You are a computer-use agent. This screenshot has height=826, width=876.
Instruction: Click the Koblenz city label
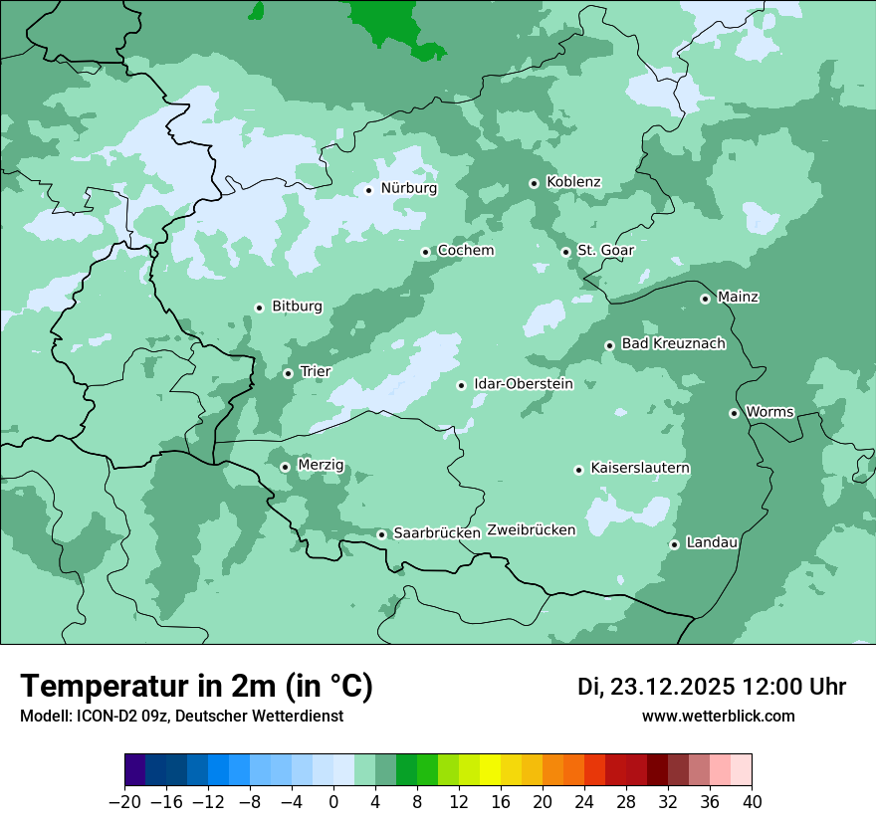point(573,182)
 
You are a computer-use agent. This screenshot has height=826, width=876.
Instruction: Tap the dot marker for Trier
point(288,373)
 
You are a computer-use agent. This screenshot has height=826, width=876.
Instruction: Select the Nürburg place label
point(408,188)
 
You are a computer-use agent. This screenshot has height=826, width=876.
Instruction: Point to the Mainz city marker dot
point(705,299)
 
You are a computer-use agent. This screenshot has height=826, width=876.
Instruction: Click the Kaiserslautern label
point(640,468)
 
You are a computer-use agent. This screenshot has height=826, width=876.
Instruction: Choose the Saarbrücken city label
point(437,533)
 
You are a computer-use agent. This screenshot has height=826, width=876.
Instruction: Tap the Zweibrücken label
point(532,530)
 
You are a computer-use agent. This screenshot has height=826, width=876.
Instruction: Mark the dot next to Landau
point(674,544)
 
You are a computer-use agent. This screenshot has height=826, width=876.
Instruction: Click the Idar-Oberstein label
point(524,384)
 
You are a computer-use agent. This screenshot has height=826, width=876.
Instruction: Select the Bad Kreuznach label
point(673,344)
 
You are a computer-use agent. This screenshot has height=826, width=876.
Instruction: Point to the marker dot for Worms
point(734,413)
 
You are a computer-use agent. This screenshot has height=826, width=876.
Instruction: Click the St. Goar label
point(605,251)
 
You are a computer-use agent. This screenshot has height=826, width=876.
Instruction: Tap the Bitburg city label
point(297,307)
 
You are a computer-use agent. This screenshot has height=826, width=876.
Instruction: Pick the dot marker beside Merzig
point(285,467)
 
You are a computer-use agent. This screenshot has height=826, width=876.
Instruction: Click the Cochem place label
point(466,251)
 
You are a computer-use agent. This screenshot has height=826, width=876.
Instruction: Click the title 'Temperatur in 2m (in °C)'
point(196,687)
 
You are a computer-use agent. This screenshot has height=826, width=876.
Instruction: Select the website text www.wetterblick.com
point(718,717)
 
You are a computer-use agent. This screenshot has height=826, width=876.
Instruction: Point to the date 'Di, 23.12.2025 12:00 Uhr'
point(712,687)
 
